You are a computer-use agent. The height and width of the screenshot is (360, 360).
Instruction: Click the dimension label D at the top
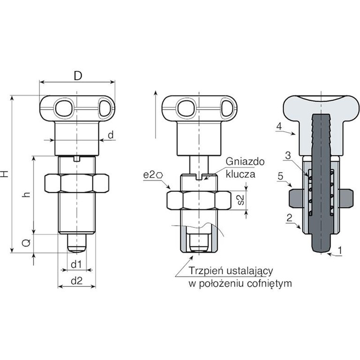78,75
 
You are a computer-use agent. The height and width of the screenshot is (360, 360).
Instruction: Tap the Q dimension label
27,243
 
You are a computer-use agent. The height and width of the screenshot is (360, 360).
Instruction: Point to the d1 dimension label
76,264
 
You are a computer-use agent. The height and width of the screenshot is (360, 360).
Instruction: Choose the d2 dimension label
77,281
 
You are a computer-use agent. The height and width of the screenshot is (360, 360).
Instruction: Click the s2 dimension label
240,200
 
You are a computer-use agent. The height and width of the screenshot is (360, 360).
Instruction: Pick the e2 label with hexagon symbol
153,175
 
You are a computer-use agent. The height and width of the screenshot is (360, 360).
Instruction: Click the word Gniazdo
245,162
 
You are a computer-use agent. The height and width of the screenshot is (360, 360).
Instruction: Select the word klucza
240,174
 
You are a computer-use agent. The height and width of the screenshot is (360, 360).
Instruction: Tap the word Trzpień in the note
206,271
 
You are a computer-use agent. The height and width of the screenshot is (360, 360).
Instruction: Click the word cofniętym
270,284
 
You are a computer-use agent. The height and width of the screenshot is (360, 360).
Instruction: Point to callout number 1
340,250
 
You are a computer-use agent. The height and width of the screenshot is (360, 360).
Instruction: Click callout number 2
289,217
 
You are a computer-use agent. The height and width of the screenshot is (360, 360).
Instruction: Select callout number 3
288,156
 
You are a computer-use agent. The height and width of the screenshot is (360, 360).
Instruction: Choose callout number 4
279,127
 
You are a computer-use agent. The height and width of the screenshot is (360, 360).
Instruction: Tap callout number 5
281,176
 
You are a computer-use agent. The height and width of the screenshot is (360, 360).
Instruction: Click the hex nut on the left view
77,183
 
